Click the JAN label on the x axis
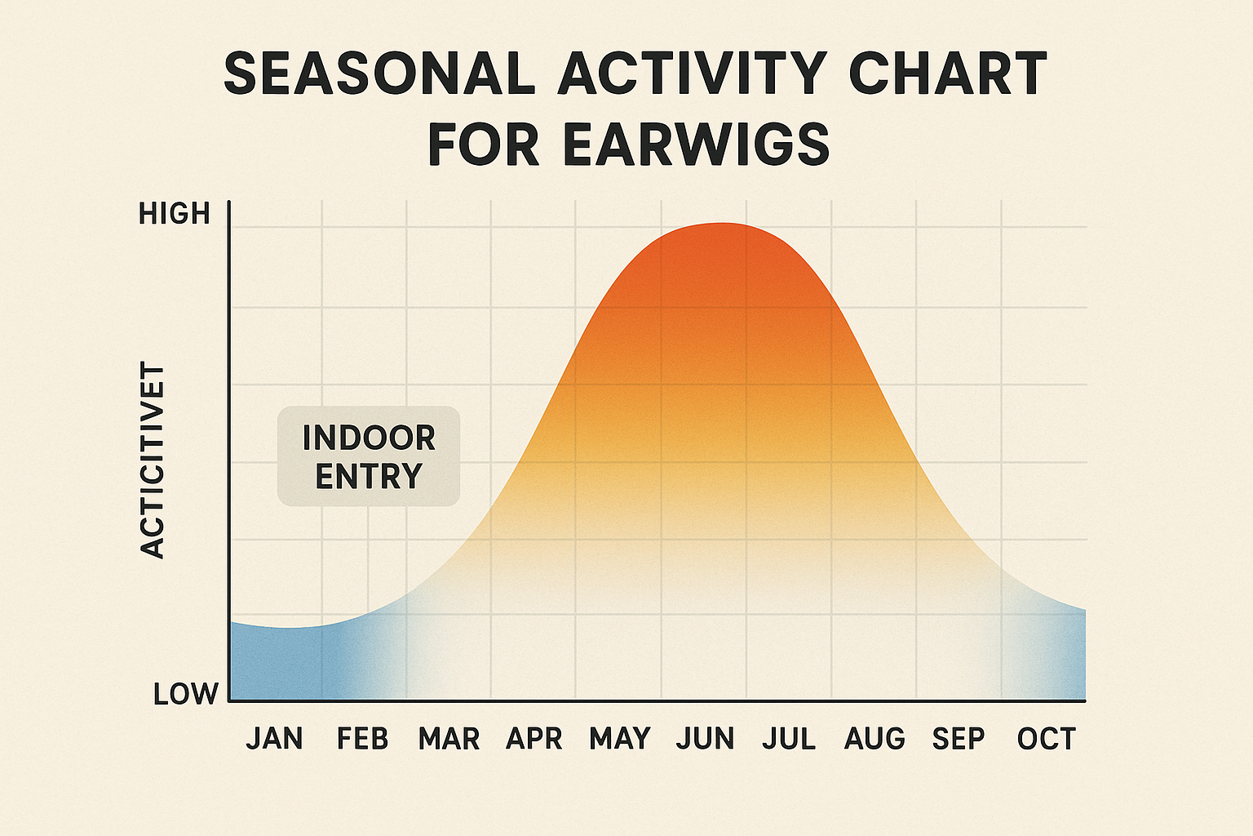[274, 739]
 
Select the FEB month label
[362, 739]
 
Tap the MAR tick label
[449, 739]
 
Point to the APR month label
[534, 739]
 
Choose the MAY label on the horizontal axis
[620, 739]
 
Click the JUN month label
[706, 739]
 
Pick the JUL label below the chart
[789, 739]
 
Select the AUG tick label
[874, 739]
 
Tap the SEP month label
[959, 739]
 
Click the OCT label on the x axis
[1046, 739]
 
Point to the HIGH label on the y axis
[175, 214]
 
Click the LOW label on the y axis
[186, 694]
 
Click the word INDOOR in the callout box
[369, 438]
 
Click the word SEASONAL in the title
[379, 73]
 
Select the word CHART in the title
[948, 73]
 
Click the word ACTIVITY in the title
[693, 73]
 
